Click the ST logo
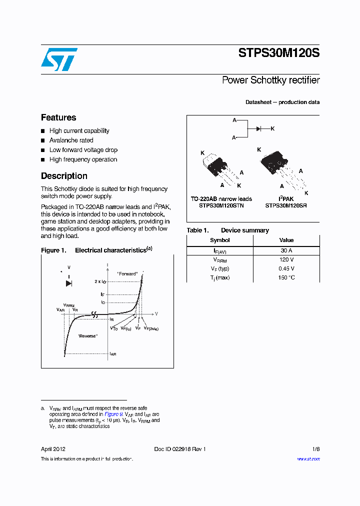(x=58, y=59)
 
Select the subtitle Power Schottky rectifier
(x=270, y=80)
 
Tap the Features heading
(x=58, y=117)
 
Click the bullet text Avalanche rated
(x=71, y=140)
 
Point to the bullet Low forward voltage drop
(x=83, y=150)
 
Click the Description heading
(x=64, y=176)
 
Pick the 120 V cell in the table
(x=286, y=260)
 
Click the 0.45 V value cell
(x=286, y=268)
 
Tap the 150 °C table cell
(x=286, y=277)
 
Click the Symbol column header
(x=219, y=240)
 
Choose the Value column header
(x=286, y=240)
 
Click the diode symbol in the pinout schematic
(x=259, y=129)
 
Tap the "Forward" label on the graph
(x=127, y=274)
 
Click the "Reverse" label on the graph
(x=87, y=336)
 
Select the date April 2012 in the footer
(x=53, y=449)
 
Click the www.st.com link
(x=308, y=459)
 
